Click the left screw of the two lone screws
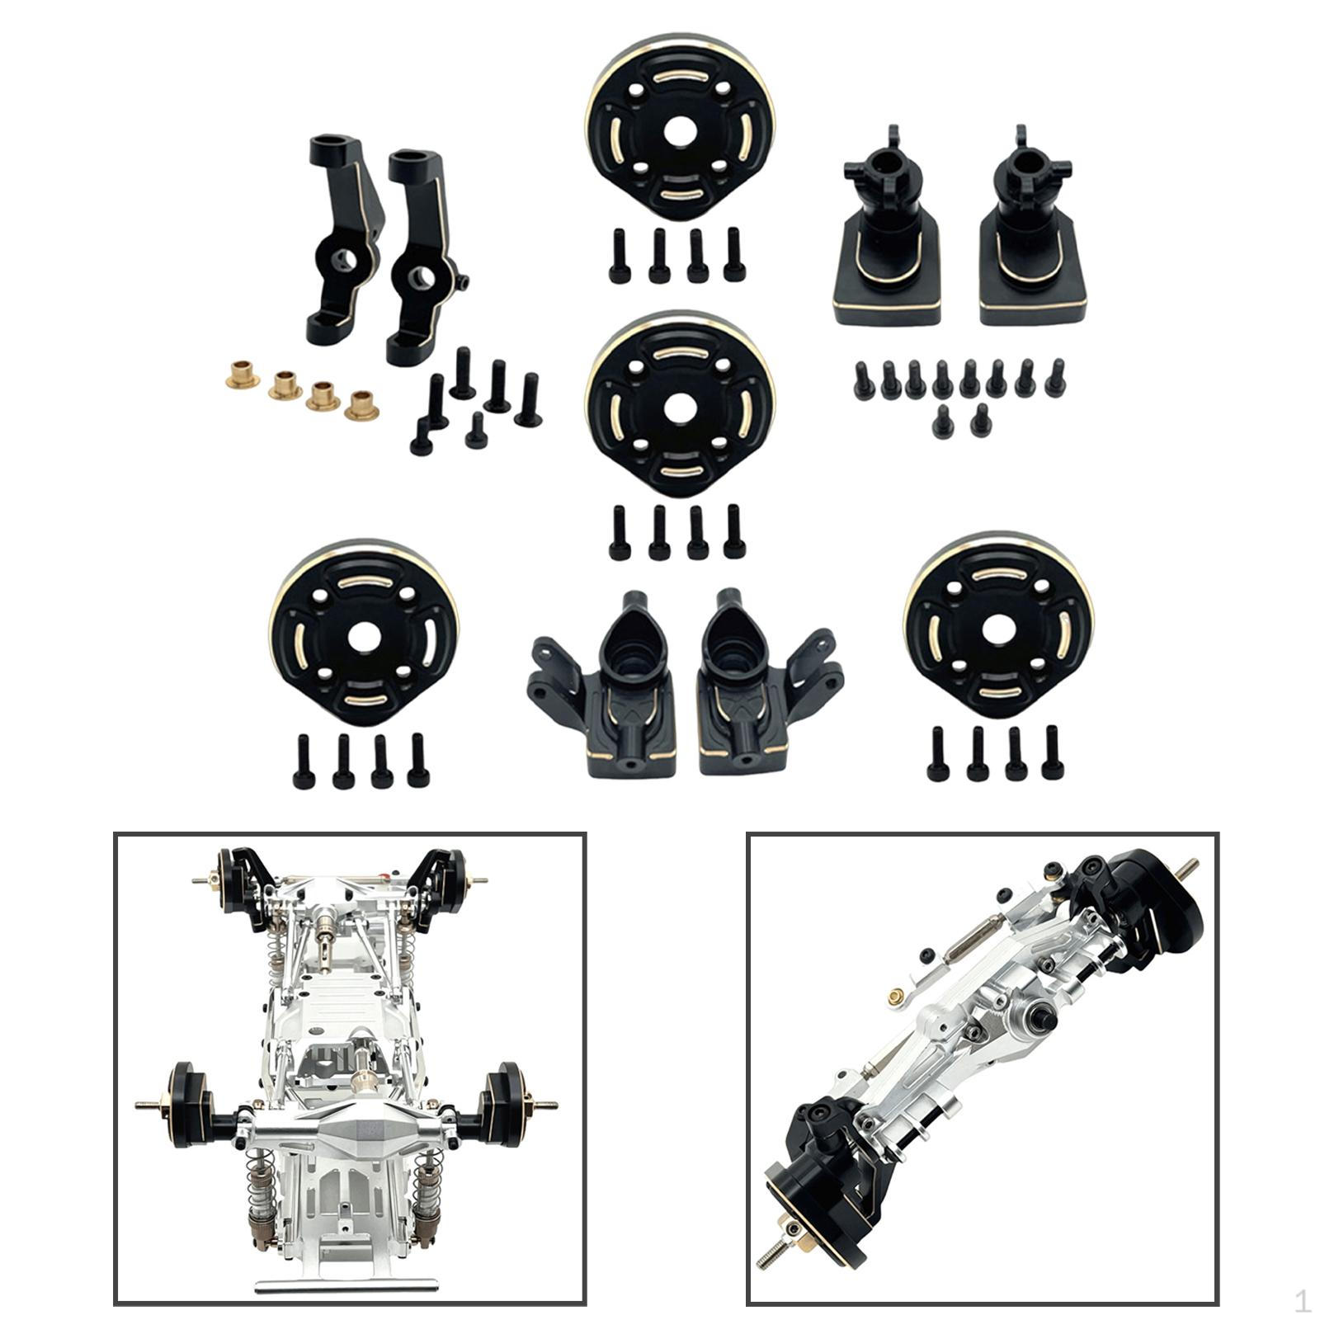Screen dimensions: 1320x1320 (941, 423)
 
